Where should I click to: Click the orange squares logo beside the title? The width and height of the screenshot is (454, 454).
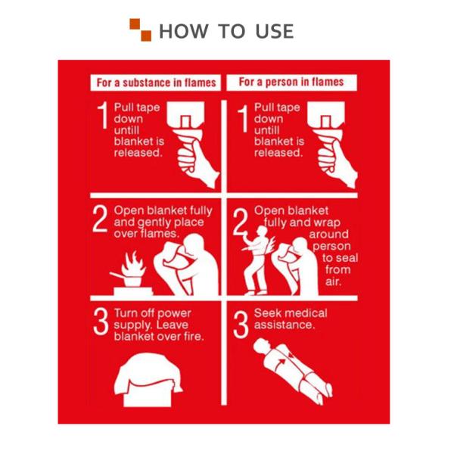[141, 30]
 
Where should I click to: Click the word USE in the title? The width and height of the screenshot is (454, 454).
[275, 31]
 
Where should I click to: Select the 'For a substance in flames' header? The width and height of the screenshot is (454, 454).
[156, 82]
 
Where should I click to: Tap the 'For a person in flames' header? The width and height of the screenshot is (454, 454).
[291, 82]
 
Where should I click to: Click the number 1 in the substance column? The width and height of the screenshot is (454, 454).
[103, 115]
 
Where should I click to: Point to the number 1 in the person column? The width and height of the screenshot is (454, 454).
[243, 118]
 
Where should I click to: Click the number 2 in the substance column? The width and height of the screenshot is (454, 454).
[100, 219]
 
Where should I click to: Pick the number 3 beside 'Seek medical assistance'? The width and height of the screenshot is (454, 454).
[241, 325]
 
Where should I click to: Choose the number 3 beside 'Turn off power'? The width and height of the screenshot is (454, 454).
[101, 321]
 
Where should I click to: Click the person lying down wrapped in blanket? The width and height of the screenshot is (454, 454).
[292, 371]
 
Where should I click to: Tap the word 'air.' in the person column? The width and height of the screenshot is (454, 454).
[333, 281]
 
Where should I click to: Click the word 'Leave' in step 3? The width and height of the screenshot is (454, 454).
[172, 325]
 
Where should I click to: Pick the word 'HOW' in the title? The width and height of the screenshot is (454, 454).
[184, 31]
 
